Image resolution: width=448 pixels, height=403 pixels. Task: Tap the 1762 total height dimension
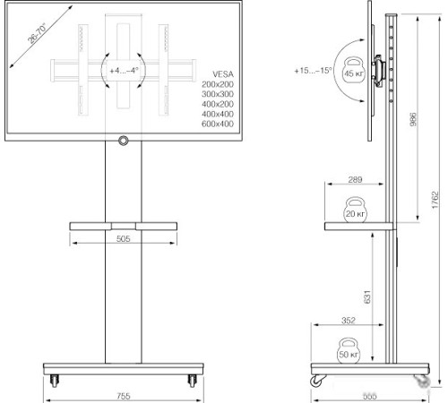pyautogui.click(x=434, y=201)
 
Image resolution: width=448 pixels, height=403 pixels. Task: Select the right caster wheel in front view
pyautogui.click(x=192, y=380)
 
